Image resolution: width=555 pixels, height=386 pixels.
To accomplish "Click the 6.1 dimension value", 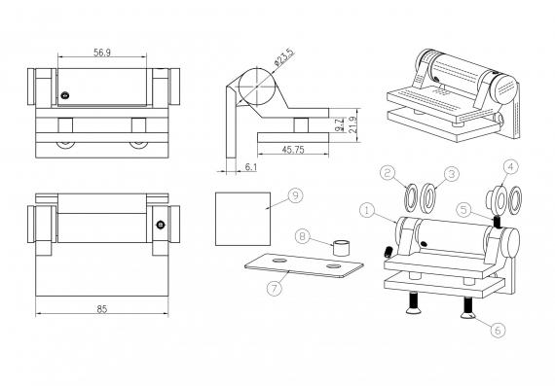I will [x=251, y=168].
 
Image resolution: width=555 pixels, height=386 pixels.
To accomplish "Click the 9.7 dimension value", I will [x=335, y=125].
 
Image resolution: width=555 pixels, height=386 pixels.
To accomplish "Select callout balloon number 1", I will [x=366, y=209].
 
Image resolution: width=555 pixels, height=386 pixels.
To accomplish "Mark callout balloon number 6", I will [x=498, y=330].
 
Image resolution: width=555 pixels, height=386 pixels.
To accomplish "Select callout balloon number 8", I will [x=303, y=235].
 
